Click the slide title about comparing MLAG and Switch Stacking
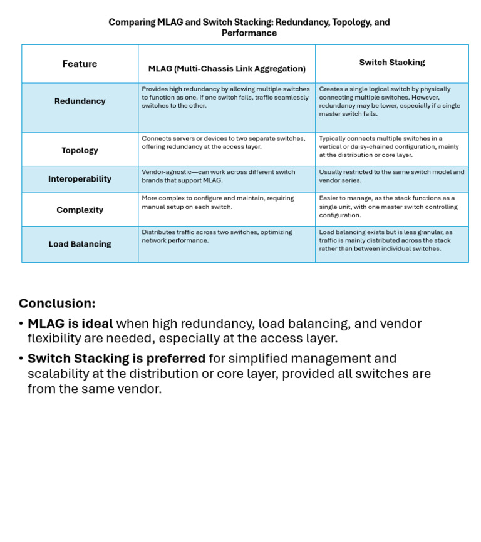tap(249, 28)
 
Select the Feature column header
tap(80, 64)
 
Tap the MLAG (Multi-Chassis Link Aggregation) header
tap(227, 69)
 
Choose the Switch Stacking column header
tap(391, 63)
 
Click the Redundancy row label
tap(80, 101)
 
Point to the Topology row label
tap(80, 150)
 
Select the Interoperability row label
tap(80, 179)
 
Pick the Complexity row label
tap(80, 210)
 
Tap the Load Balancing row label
tap(80, 244)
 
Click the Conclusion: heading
tap(57, 304)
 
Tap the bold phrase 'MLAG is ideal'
tap(70, 324)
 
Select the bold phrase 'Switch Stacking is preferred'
tap(116, 359)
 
